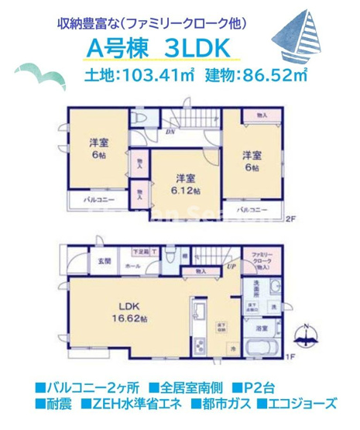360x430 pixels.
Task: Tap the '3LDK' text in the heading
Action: pos(197,48)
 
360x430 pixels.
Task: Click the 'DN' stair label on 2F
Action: pos(170,134)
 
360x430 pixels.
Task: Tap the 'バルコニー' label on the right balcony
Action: pos(252,209)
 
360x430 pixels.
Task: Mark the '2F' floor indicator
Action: pos(291,220)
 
